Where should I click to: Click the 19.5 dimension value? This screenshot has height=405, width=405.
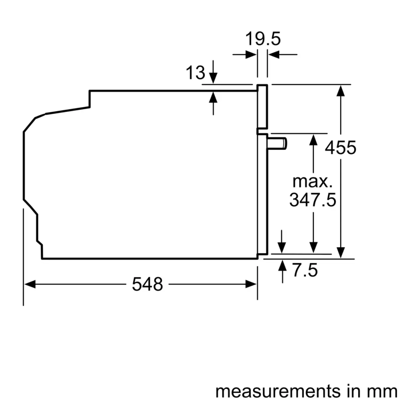click(263, 39)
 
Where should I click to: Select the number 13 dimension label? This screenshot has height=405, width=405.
click(195, 73)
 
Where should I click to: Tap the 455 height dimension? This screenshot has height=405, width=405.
click(341, 147)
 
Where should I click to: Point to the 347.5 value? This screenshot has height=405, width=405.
click(313, 200)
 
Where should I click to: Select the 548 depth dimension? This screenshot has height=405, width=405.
click(147, 285)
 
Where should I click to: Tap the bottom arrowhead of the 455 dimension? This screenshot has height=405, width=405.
click(342, 253)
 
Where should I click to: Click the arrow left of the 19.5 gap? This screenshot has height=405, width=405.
click(252, 54)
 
